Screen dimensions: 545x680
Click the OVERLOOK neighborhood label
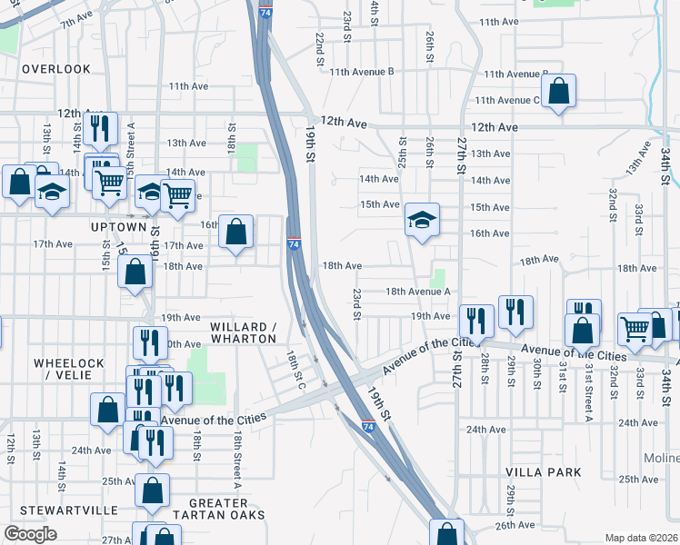click(x=56, y=69)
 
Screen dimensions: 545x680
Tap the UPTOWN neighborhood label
click(x=119, y=226)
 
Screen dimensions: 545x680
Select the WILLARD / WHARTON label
click(x=243, y=332)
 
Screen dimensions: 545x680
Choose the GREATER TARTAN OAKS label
click(x=227, y=509)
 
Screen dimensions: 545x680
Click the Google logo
click(x=30, y=534)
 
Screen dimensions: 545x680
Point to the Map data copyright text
click(x=641, y=538)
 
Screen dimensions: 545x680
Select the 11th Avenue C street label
click(x=507, y=100)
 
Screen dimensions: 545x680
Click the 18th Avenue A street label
click(x=418, y=292)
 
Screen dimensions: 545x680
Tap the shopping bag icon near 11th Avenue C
click(x=558, y=91)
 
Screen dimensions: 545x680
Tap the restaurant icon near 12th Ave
click(x=99, y=127)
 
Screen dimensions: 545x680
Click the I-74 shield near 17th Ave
click(x=294, y=244)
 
